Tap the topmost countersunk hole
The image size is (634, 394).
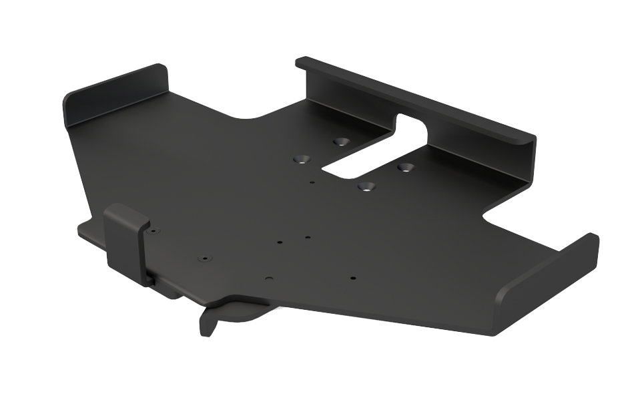[x=342, y=142]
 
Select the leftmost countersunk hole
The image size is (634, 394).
[x=302, y=160]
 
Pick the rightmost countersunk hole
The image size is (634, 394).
[x=405, y=166]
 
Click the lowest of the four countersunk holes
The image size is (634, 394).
[x=364, y=186]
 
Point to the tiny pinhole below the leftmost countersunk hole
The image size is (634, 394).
[x=312, y=181]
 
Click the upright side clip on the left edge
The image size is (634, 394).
[x=127, y=240]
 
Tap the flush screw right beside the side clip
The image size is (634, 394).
[x=153, y=231]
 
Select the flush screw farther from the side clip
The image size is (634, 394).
[x=203, y=258]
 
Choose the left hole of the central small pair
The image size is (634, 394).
[x=280, y=242]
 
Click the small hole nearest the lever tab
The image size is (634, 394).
[x=268, y=278]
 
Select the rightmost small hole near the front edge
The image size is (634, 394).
[x=353, y=278]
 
